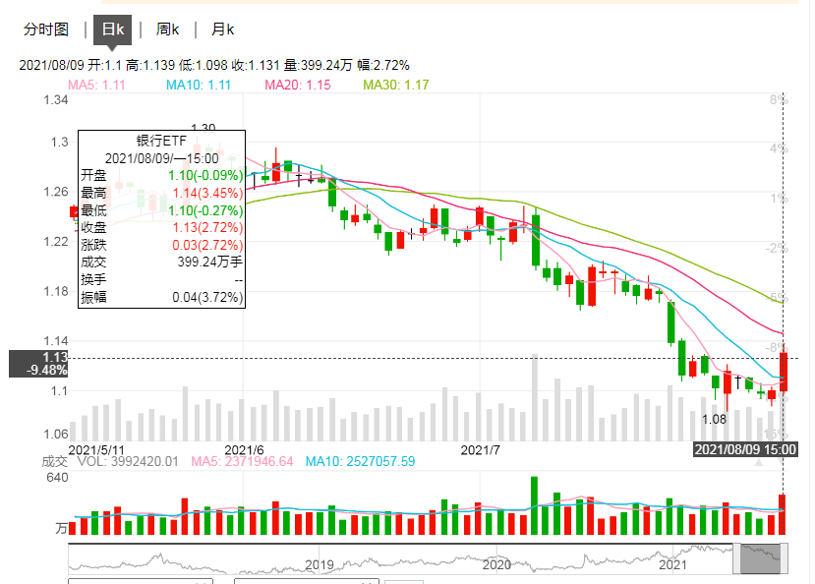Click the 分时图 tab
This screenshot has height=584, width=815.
(x=46, y=29)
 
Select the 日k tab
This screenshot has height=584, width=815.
(x=113, y=29)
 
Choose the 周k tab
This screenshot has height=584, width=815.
(x=167, y=29)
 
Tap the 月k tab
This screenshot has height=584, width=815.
(x=223, y=29)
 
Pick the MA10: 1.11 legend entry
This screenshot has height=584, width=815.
(x=199, y=86)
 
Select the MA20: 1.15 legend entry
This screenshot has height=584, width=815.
(x=298, y=86)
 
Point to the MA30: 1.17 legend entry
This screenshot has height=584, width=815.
(x=396, y=86)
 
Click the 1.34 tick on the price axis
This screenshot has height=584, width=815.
(x=54, y=100)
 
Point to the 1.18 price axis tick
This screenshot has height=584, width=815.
(x=54, y=291)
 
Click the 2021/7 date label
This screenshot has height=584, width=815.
(x=482, y=450)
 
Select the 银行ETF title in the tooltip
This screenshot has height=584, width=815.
(x=161, y=141)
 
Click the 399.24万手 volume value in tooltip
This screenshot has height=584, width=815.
(x=209, y=262)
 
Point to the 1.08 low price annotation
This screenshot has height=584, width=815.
(x=714, y=419)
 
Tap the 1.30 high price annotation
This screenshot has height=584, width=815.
(x=203, y=129)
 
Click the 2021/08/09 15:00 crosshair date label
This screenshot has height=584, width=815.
(x=744, y=449)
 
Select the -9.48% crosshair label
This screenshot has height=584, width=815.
(x=48, y=371)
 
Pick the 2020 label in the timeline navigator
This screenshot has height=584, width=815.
(x=496, y=565)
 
